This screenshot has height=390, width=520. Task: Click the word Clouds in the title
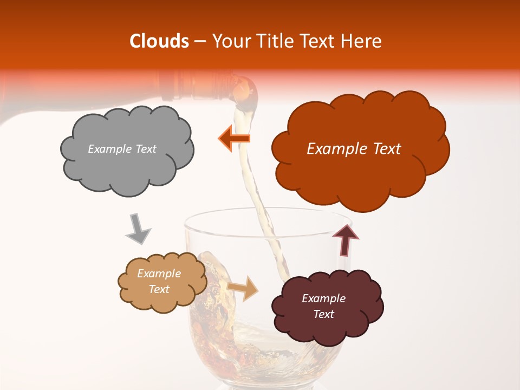(x=159, y=41)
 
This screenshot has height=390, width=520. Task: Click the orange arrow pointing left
(x=235, y=139)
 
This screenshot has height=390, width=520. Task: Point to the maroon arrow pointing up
(x=346, y=239)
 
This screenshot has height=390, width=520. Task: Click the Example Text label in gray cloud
(x=122, y=149)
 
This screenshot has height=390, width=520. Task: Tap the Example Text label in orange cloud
(x=354, y=149)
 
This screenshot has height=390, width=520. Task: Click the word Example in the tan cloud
(x=159, y=274)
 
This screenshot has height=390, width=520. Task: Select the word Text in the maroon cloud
(x=323, y=314)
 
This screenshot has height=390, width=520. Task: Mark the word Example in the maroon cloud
(x=323, y=298)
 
